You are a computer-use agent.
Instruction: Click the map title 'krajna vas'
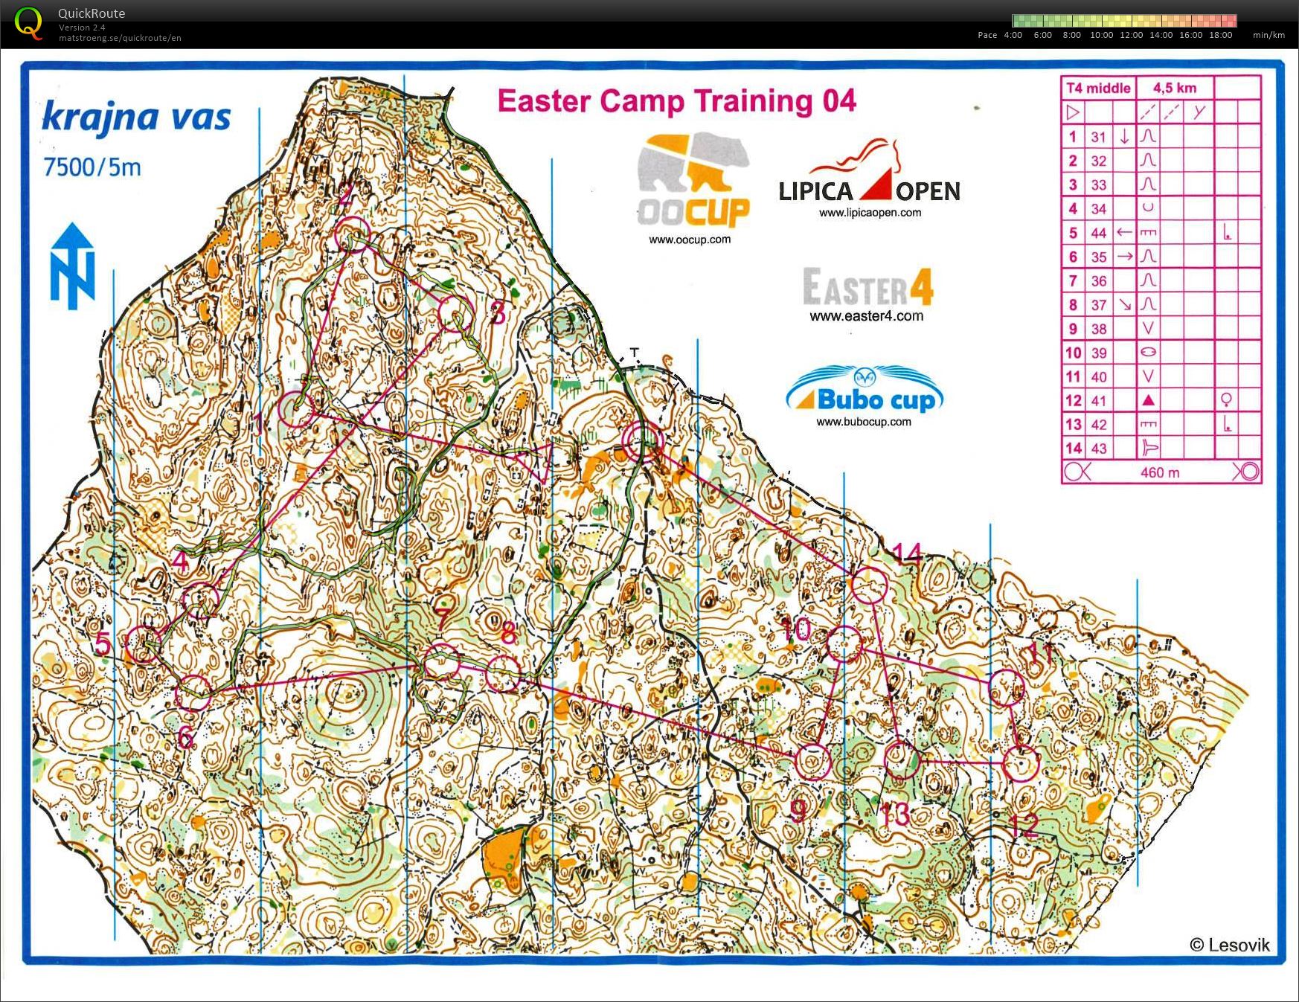pyautogui.click(x=136, y=118)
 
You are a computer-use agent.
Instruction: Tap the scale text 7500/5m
pyautogui.click(x=92, y=167)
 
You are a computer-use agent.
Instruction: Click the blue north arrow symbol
pyautogui.click(x=72, y=266)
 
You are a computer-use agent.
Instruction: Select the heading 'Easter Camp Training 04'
pyautogui.click(x=676, y=101)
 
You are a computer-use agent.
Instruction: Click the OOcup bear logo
pyautogui.click(x=693, y=181)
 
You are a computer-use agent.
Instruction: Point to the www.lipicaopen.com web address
pyautogui.click(x=870, y=213)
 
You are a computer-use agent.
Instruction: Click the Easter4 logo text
pyautogui.click(x=867, y=288)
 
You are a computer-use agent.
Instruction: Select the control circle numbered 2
pyautogui.click(x=352, y=235)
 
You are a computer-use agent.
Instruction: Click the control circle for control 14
pyautogui.click(x=868, y=585)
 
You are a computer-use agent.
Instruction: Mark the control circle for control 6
pyautogui.click(x=193, y=693)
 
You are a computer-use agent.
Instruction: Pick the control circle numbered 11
pyautogui.click(x=1007, y=687)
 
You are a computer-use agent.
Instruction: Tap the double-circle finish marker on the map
pyautogui.click(x=642, y=443)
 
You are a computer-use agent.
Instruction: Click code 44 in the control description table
pyautogui.click(x=1099, y=233)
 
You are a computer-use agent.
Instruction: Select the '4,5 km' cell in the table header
pyautogui.click(x=1175, y=88)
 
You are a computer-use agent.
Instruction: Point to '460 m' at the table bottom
pyautogui.click(x=1159, y=472)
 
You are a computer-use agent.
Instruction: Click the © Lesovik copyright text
pyautogui.click(x=1229, y=945)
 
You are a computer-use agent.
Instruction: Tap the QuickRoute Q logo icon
pyautogui.click(x=28, y=22)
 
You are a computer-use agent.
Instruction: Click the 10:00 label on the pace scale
pyautogui.click(x=1101, y=35)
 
